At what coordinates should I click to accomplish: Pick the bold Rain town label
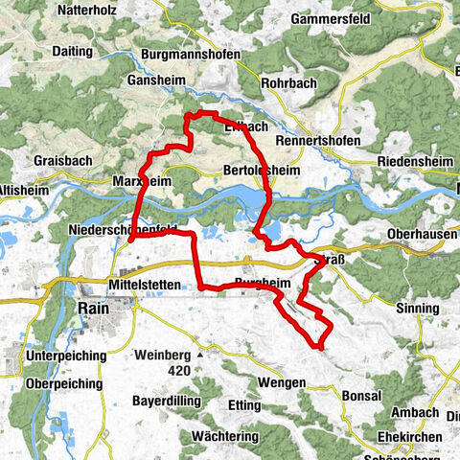coord(91,310)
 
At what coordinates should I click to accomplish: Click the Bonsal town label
coord(361,395)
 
